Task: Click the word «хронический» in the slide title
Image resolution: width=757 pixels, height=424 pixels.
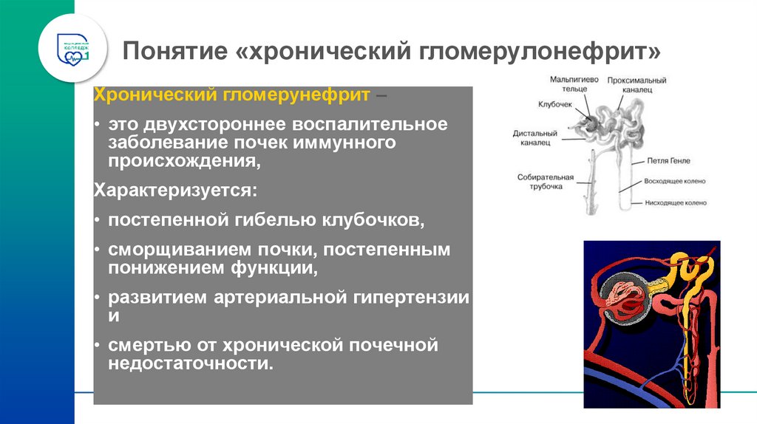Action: coord(327,52)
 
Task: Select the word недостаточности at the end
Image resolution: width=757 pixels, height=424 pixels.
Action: coord(190,363)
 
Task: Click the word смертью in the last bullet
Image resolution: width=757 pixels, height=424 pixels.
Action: coord(146,345)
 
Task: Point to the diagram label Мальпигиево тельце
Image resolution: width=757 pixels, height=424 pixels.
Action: coord(568,83)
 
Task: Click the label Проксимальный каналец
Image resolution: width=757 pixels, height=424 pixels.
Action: coord(637,84)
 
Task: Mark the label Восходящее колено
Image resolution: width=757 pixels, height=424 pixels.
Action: coord(676,181)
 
